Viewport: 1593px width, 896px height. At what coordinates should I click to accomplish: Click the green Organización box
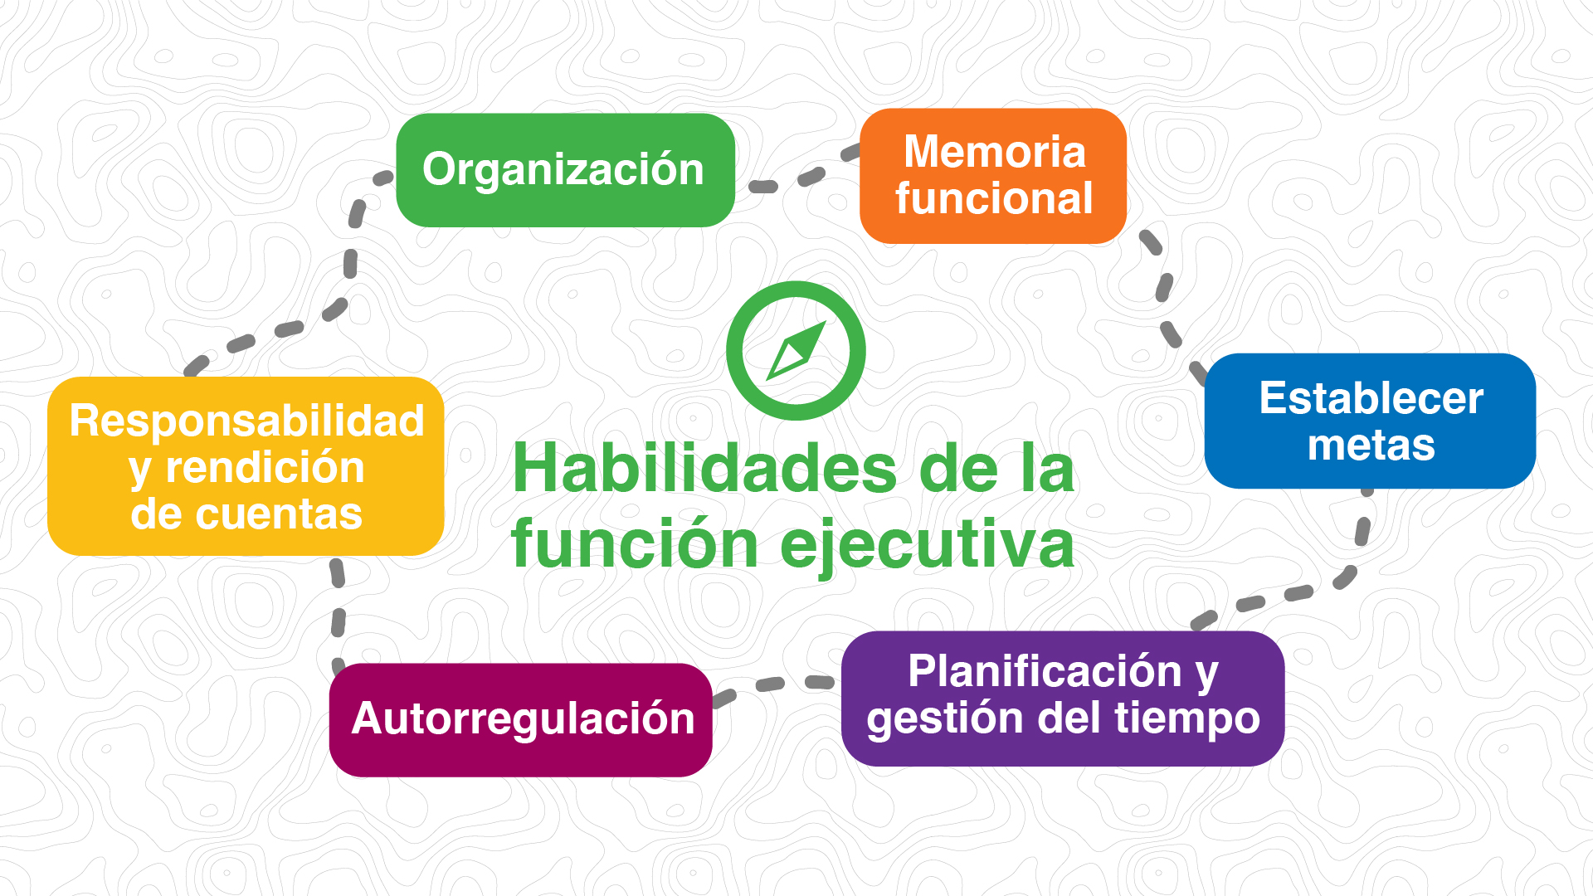click(565, 170)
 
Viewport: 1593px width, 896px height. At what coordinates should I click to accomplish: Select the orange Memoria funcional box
click(993, 176)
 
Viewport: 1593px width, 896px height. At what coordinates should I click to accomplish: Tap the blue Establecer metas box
click(1370, 421)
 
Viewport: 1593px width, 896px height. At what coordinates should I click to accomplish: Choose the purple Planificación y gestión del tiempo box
click(1063, 699)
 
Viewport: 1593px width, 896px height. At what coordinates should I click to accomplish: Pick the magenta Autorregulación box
click(521, 720)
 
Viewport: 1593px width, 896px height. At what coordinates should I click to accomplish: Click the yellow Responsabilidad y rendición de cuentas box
click(246, 466)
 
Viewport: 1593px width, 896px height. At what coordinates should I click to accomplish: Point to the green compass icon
click(796, 351)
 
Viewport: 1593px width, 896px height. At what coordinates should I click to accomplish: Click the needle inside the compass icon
click(796, 351)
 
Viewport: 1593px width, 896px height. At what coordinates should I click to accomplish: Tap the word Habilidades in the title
click(704, 470)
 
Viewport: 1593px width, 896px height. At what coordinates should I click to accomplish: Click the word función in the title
click(635, 544)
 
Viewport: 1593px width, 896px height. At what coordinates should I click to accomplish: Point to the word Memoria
click(995, 152)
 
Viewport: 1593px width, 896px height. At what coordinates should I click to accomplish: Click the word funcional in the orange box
click(994, 199)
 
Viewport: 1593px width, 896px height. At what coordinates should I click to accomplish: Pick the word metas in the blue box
click(1371, 446)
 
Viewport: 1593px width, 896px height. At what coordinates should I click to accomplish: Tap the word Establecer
click(1371, 398)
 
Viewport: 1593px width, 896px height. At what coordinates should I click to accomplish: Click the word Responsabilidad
click(246, 421)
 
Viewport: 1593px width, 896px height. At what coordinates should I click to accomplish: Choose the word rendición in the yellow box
click(265, 468)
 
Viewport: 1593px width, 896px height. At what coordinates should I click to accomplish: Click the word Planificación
click(1045, 671)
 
